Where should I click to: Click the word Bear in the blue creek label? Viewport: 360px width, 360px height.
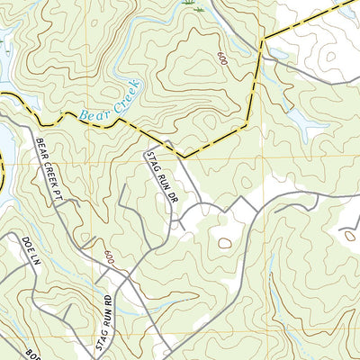click(92, 113)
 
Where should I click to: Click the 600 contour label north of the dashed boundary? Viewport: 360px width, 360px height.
click(221, 58)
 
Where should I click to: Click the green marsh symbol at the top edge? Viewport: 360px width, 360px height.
click(189, 4)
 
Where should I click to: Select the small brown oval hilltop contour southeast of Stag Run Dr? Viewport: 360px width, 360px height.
click(223, 242)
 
